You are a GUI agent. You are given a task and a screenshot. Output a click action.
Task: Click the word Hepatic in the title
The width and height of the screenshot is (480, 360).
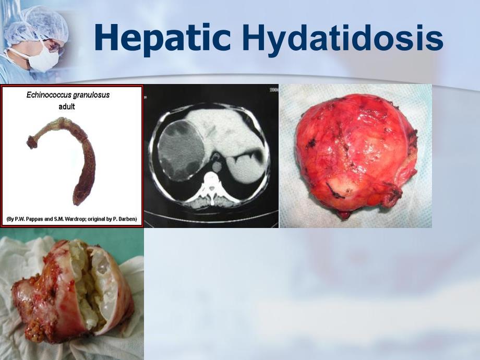163,38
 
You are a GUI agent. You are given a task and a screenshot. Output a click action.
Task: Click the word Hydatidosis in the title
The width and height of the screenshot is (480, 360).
342,38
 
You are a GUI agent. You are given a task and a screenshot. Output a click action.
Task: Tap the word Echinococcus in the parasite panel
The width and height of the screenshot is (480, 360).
46,95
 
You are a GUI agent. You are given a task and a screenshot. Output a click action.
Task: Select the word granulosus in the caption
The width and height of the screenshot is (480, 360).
89,95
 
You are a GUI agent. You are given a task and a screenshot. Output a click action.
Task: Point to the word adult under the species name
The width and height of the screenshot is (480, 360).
67,106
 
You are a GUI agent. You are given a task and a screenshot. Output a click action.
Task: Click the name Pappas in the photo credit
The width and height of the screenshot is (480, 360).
34,219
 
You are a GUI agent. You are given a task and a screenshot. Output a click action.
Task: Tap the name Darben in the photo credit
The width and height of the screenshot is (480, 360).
126,219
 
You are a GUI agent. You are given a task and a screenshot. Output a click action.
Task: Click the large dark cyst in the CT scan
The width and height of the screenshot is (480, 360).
181,150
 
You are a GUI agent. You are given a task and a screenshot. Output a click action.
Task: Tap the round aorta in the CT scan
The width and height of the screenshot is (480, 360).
217,167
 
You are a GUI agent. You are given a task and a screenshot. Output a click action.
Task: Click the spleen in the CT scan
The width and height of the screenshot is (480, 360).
245,168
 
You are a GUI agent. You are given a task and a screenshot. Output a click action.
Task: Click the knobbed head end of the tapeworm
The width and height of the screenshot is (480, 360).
31,142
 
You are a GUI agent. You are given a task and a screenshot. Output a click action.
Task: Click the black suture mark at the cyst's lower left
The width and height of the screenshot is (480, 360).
334,190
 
